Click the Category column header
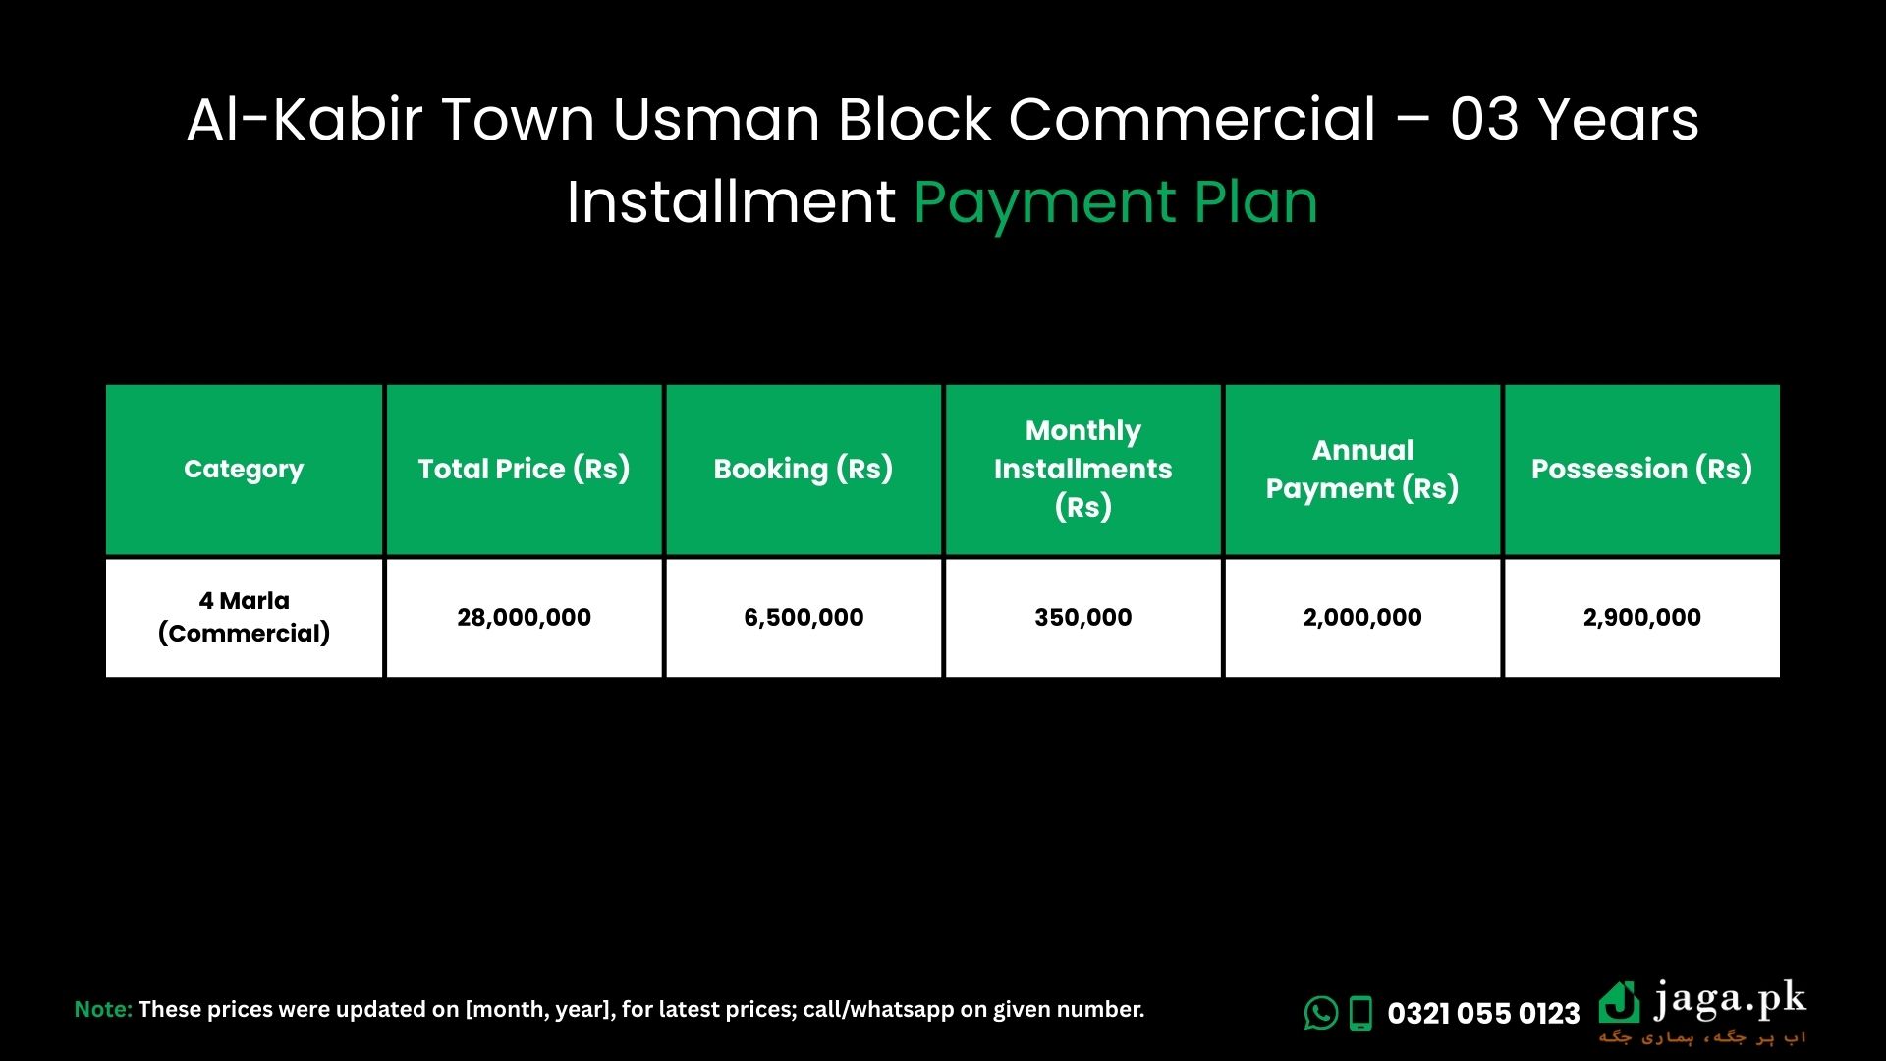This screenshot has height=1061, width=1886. (244, 470)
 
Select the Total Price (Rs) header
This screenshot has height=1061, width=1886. (524, 469)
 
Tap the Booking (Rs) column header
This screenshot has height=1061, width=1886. (804, 469)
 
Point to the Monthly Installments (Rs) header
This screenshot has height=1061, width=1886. (1082, 469)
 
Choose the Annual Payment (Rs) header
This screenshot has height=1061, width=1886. (1362, 469)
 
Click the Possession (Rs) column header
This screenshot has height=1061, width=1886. (1641, 469)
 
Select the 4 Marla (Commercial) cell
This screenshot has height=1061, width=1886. (244, 617)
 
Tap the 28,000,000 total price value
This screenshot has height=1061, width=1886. (524, 617)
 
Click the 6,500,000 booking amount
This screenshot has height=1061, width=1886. (804, 617)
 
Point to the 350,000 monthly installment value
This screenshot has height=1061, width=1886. (1082, 617)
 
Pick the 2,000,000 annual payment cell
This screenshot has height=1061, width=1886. (1362, 617)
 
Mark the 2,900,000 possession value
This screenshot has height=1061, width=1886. (1641, 617)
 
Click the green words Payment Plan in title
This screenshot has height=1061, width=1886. (1116, 204)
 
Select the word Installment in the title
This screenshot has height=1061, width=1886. (731, 202)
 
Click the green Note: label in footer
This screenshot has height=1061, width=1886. (103, 1009)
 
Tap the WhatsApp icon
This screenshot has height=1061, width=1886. (1321, 1013)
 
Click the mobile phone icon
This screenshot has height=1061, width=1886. (1360, 1013)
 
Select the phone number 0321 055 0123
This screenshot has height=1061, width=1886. (1483, 1013)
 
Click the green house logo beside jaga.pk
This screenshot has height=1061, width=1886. (1619, 1003)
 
